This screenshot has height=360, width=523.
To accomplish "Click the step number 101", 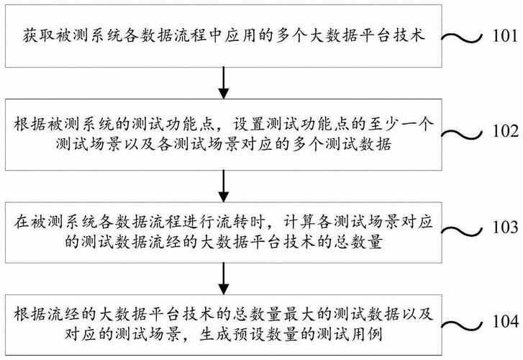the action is point(505,35).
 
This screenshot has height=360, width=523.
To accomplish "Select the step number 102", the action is point(506,131).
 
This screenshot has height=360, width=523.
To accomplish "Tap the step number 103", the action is point(506,227).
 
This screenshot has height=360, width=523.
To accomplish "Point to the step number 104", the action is point(506,321).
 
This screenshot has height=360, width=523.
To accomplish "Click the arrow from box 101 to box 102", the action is point(223,83).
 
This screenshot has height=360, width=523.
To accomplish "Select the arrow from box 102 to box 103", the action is point(223,186).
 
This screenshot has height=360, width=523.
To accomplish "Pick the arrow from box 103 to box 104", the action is point(223,279).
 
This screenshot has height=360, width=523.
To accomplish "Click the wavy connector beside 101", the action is point(462,37).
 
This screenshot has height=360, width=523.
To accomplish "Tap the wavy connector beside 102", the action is point(462,133).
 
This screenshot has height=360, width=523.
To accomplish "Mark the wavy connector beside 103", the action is point(462,229).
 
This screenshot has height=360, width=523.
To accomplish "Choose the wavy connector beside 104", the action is point(462,323).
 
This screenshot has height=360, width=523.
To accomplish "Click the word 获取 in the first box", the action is point(39,35).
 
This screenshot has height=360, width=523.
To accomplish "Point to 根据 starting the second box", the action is point(30,125).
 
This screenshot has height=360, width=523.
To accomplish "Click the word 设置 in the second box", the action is point(248,125).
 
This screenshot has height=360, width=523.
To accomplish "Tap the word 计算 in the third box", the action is point(299,222).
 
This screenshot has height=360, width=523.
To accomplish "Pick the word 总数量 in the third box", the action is point(358,242).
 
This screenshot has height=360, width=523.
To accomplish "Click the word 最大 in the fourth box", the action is point(299,315).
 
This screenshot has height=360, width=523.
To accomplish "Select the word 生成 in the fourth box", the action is point(215,334).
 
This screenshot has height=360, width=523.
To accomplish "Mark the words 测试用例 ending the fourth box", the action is point(350,334).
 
